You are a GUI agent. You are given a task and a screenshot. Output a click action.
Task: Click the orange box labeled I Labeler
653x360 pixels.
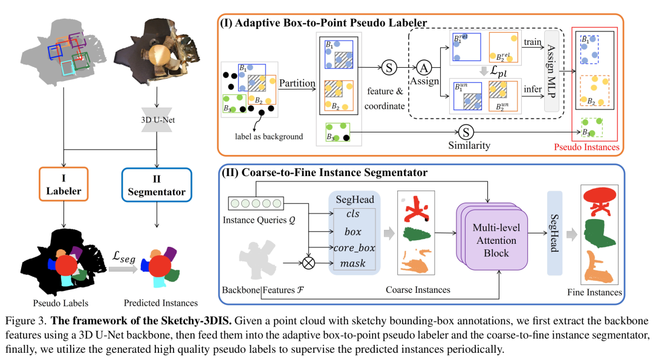click(63, 184)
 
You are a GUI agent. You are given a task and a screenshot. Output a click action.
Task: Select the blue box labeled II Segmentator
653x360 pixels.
click(157, 185)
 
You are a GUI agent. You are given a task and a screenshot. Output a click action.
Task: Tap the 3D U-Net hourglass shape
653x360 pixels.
click(157, 120)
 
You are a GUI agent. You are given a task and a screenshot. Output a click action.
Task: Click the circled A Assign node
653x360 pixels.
click(424, 68)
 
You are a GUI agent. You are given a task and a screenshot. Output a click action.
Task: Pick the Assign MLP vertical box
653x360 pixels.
click(551, 71)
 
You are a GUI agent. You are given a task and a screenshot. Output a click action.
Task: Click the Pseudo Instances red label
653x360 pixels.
click(586, 147)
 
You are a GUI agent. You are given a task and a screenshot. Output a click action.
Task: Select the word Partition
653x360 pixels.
click(297, 83)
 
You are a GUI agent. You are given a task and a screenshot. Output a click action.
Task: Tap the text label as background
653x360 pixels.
click(268, 137)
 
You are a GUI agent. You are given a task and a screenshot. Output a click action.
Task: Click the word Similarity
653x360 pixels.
click(469, 145)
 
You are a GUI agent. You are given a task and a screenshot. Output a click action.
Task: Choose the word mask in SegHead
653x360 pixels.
click(352, 263)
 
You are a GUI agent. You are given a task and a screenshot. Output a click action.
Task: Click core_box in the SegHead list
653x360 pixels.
click(354, 248)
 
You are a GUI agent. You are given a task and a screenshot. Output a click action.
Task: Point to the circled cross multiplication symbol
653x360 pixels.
click(308, 263)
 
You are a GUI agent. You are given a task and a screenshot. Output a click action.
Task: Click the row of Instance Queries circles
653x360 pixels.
click(256, 203)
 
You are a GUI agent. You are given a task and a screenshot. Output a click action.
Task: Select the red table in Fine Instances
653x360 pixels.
click(600, 201)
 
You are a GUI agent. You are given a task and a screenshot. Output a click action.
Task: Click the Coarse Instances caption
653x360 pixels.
click(418, 290)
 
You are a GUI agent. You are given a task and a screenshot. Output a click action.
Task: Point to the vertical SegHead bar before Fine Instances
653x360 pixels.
click(554, 233)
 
